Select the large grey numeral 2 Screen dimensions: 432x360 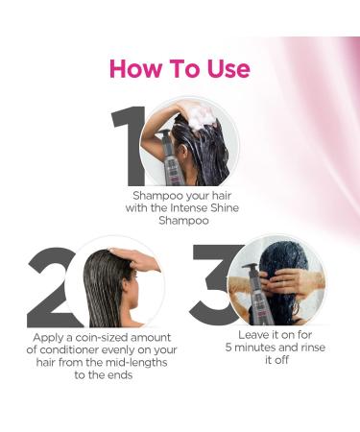pyautogui.click(x=50, y=286)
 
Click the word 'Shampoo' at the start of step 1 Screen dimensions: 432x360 pyautogui.click(x=156, y=194)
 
